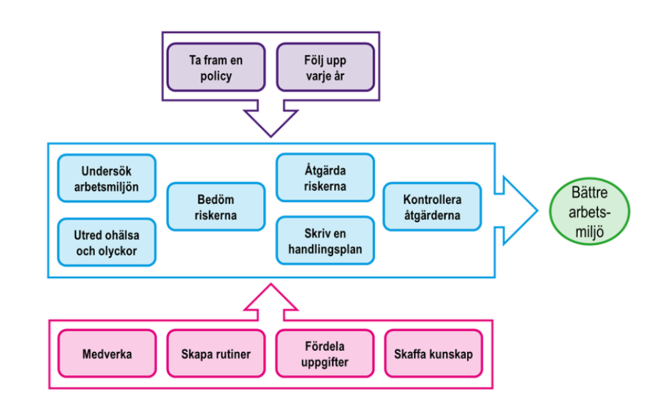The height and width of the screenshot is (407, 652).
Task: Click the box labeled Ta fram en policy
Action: point(216,68)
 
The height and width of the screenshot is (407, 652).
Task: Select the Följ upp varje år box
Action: point(325,68)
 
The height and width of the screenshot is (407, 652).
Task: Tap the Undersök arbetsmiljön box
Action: point(107,178)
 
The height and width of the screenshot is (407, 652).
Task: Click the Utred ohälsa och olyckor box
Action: point(107,242)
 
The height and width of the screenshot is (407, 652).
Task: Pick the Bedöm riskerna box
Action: point(216,207)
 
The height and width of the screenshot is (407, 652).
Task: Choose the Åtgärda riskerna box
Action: point(325,178)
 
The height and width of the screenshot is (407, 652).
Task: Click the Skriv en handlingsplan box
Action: point(325,241)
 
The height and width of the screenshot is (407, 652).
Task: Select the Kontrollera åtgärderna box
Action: point(432,207)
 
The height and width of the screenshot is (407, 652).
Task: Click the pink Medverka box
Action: point(107,354)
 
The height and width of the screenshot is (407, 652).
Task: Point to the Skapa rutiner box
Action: point(216,354)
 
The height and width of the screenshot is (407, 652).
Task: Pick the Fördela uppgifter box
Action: point(325,354)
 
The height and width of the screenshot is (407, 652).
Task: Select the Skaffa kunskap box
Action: point(433,354)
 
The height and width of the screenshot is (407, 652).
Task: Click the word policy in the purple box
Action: point(216,75)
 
